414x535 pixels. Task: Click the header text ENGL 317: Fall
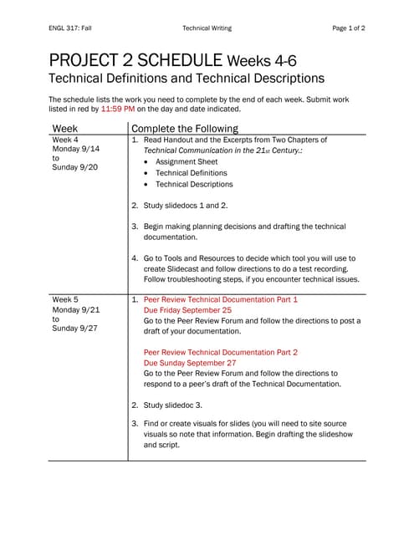pos(70,28)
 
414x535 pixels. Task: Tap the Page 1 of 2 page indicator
pos(349,28)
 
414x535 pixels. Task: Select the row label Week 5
pos(65,298)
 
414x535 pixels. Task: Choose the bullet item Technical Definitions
pos(197,173)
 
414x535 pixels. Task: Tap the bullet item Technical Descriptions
pos(200,184)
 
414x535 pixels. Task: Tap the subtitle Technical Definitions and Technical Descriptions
pos(187,79)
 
